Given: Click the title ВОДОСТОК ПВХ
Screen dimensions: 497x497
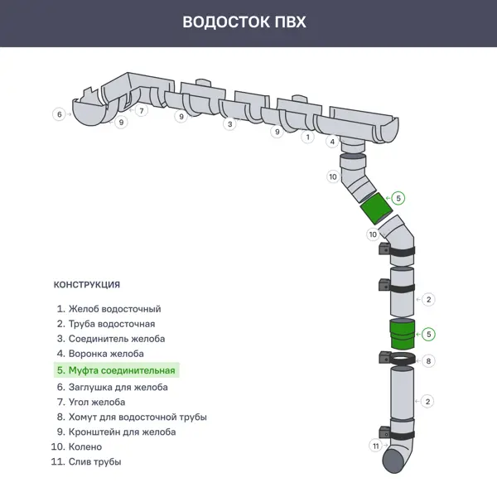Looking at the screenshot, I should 244,22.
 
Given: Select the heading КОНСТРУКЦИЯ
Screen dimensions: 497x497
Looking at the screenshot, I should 87,285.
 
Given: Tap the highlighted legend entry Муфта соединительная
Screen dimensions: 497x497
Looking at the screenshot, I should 116,371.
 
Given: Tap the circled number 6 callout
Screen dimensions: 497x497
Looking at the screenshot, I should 59,114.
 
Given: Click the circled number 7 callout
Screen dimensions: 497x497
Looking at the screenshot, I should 142,110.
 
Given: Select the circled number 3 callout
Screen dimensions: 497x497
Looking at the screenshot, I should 229,124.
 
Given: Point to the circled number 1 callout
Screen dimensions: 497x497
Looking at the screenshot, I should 308,137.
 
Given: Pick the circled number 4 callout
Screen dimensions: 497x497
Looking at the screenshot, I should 332,142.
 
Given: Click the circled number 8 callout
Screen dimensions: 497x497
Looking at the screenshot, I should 428,361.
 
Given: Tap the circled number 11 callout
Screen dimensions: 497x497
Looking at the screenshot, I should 375,446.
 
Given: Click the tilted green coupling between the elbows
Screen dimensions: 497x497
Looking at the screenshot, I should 377,210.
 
